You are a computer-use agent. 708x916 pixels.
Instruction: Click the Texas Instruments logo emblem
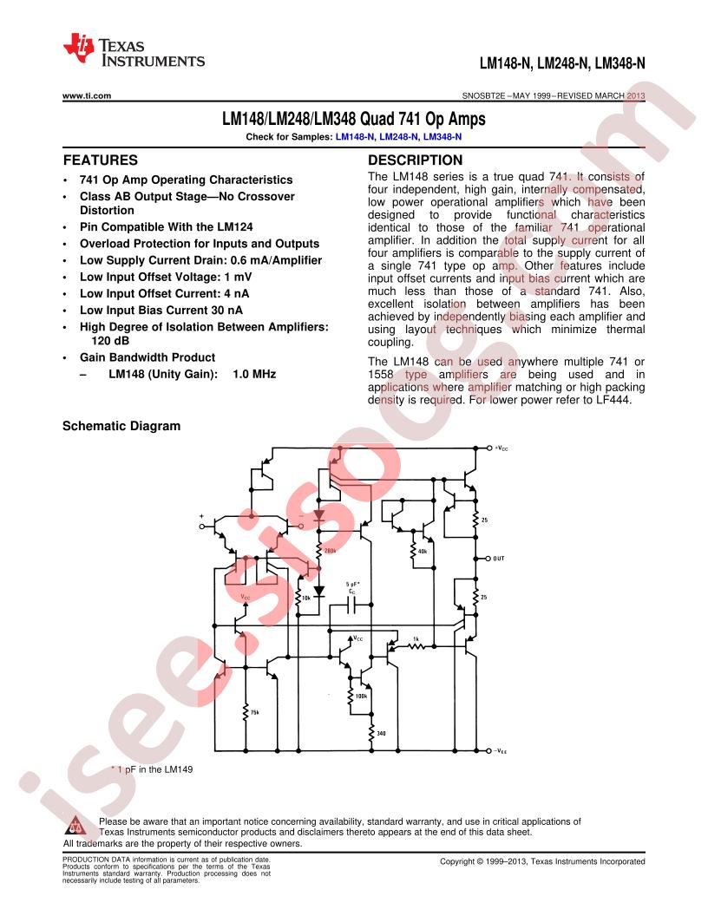point(79,49)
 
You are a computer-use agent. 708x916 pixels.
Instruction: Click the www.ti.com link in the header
point(87,95)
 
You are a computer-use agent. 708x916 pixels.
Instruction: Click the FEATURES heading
point(101,160)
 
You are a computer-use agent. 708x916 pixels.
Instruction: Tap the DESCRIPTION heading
point(415,160)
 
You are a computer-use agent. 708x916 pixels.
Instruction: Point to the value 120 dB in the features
point(110,341)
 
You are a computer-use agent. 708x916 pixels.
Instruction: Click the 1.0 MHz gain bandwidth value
point(254,374)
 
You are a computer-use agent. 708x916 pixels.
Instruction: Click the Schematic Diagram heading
point(121,426)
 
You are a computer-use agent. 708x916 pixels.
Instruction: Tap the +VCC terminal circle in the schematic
point(489,448)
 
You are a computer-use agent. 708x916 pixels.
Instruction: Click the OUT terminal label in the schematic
point(498,559)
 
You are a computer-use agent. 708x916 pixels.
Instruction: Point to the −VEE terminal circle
point(489,750)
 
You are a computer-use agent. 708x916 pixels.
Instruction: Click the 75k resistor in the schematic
point(246,713)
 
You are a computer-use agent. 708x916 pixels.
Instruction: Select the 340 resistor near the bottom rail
point(371,733)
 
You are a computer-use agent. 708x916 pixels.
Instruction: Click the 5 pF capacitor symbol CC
point(351,607)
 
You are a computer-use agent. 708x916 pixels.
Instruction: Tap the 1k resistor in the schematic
point(416,646)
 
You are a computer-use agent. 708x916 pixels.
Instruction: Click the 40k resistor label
point(423,551)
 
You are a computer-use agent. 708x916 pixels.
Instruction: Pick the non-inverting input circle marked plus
point(202,527)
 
